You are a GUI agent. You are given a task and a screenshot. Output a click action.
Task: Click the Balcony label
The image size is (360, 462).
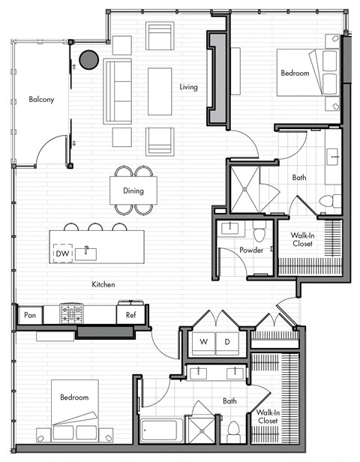pos(40,99)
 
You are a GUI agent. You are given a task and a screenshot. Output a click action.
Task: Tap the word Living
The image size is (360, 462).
pos(188,87)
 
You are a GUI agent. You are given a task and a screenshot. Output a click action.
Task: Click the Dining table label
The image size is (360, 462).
pos(133,190)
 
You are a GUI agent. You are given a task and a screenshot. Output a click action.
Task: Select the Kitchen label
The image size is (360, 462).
pos(103,284)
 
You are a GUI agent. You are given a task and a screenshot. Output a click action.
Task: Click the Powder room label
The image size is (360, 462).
pos(251,250)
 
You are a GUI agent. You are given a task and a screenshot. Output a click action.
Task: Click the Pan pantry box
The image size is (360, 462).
pos(30,316)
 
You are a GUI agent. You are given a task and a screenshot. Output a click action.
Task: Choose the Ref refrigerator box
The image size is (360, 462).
pos(130,316)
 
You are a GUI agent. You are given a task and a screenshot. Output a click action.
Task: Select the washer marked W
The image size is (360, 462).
pos(202,342)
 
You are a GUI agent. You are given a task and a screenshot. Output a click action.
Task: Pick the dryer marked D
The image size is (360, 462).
pos(227,342)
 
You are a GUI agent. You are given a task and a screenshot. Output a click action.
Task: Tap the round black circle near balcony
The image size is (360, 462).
pos(90,58)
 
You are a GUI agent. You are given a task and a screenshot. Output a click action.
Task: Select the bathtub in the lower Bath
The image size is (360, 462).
pos(160,431)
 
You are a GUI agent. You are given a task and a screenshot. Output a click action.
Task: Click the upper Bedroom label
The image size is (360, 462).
pos(295,73)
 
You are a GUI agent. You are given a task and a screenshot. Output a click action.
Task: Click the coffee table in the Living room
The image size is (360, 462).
pos(160,91)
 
